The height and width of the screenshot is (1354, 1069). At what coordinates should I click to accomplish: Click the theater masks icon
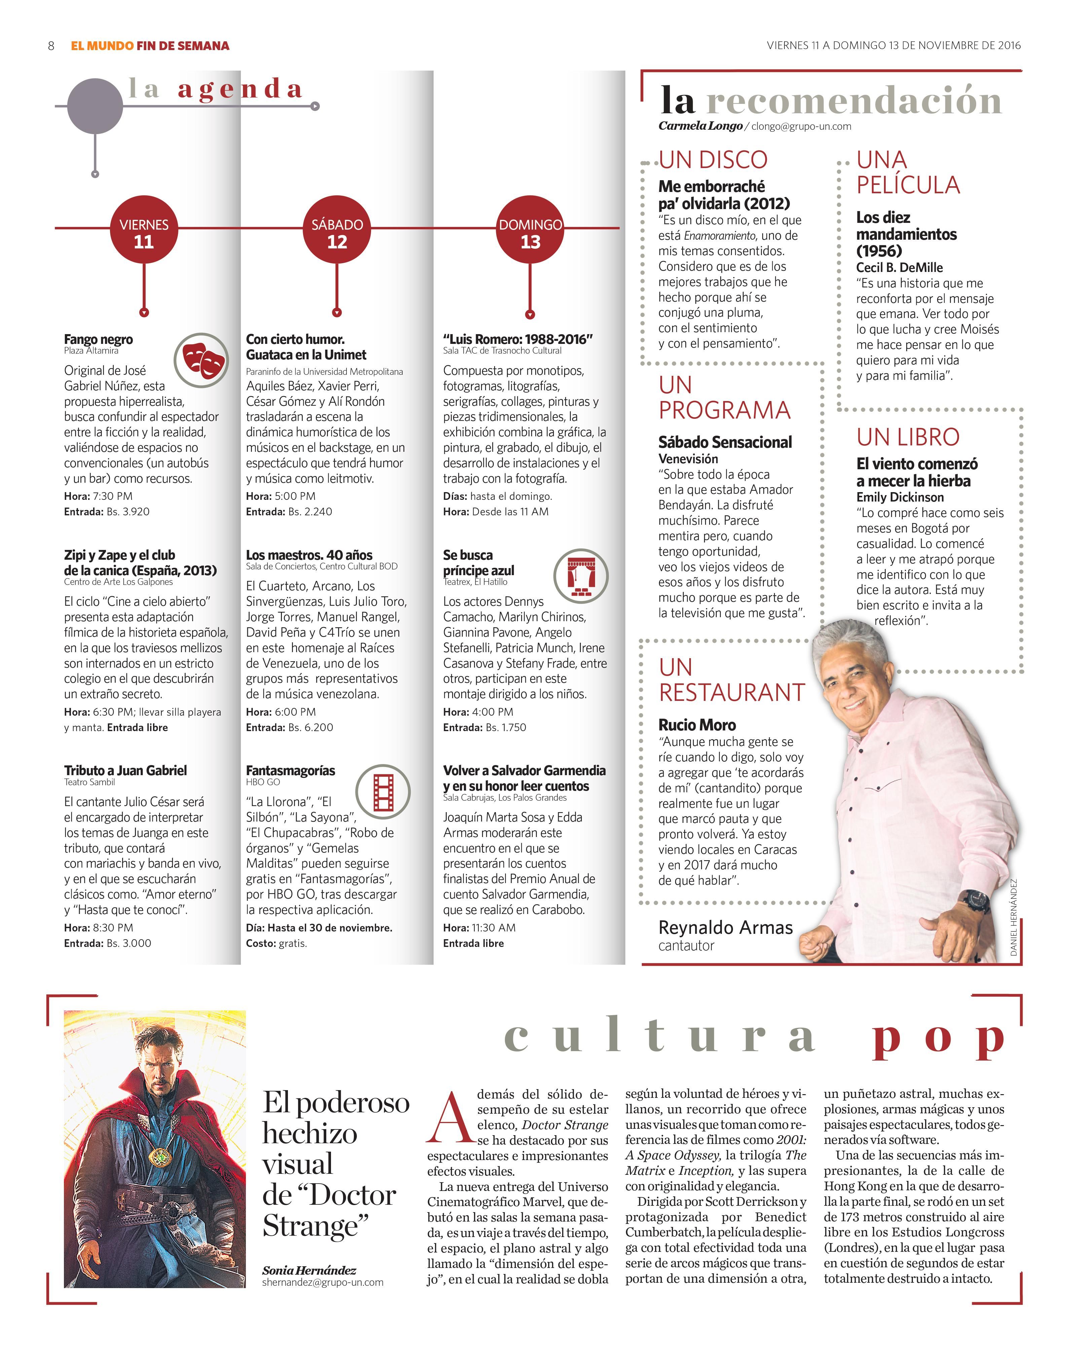tap(201, 360)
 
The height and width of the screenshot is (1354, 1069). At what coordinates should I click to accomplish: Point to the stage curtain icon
tap(581, 575)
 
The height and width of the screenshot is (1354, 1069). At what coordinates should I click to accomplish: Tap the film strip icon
tap(383, 792)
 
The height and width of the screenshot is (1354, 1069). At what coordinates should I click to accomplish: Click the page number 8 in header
tap(51, 46)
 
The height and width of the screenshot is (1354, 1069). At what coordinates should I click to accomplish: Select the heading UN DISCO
tap(713, 160)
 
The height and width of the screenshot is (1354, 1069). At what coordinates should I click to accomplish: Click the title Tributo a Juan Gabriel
tap(125, 770)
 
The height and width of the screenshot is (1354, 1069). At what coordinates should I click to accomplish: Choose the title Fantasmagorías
tap(290, 770)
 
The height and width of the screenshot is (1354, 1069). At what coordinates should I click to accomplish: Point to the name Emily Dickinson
tap(900, 497)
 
